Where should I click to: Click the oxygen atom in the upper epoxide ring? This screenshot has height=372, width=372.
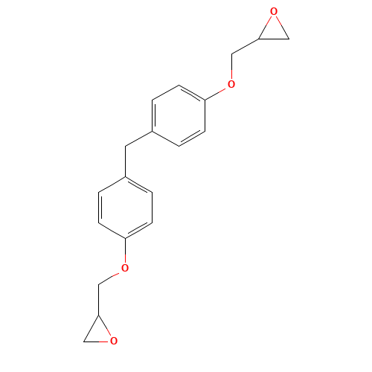[x=274, y=11]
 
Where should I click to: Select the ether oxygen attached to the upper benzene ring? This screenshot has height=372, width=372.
[x=231, y=84]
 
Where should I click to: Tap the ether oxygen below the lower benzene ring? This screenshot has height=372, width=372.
[x=125, y=268]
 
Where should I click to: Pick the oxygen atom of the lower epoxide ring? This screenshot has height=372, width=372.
[x=114, y=341]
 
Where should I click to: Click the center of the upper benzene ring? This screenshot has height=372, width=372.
[x=179, y=115]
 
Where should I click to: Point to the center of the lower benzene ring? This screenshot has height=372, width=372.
[x=125, y=208]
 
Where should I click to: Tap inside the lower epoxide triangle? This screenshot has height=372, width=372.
[x=99, y=333]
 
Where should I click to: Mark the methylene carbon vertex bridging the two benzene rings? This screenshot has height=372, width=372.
[x=125, y=147]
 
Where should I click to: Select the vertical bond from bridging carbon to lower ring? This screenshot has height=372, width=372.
[x=125, y=161]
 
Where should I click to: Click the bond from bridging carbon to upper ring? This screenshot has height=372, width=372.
[x=138, y=138]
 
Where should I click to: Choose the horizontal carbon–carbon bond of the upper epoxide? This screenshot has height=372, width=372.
[x=274, y=39]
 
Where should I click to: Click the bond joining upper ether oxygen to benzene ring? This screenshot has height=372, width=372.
[x=215, y=94]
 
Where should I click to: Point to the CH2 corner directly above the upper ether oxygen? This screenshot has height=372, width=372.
[x=232, y=54]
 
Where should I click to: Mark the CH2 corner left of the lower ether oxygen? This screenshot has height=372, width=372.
[x=99, y=284]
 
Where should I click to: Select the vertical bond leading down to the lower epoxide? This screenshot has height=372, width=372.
[x=99, y=300]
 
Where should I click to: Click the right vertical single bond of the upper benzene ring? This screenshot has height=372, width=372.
[x=205, y=115]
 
